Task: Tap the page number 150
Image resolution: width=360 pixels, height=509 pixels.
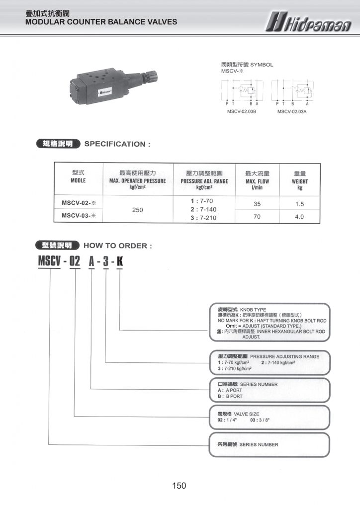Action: click(x=179, y=486)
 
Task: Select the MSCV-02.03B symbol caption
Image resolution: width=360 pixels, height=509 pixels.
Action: click(x=242, y=112)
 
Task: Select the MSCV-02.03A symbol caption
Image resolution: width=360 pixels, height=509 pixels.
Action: click(x=292, y=112)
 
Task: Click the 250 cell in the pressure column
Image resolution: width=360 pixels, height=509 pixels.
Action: click(x=138, y=210)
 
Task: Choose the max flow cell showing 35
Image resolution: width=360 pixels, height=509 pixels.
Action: click(x=257, y=204)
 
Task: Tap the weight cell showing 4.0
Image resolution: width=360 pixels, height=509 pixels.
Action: click(x=299, y=217)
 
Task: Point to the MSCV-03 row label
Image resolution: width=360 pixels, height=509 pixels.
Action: click(x=78, y=216)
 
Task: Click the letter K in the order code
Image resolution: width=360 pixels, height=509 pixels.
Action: click(x=120, y=260)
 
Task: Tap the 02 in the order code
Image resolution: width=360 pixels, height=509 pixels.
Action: click(x=74, y=260)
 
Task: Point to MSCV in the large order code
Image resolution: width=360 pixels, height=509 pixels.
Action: click(x=49, y=260)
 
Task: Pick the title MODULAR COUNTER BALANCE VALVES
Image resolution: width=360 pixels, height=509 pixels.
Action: click(x=101, y=22)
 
